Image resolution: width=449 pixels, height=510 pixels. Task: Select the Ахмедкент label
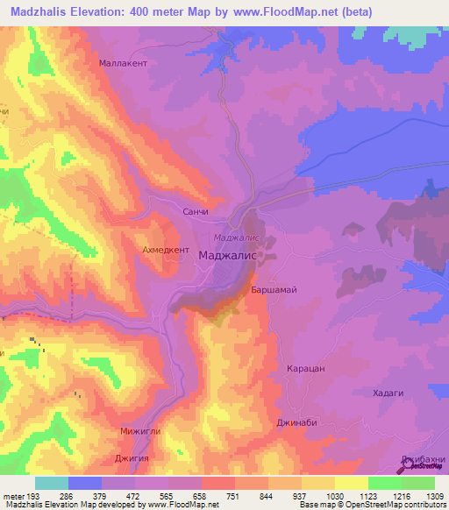pos(156,250)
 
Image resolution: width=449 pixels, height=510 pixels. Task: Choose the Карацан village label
pos(306,369)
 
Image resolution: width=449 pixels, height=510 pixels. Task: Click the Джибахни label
pos(424,459)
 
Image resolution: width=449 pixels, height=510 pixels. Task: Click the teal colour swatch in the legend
pos(51,483)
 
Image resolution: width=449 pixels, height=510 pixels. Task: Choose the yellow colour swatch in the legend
pos(351,483)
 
